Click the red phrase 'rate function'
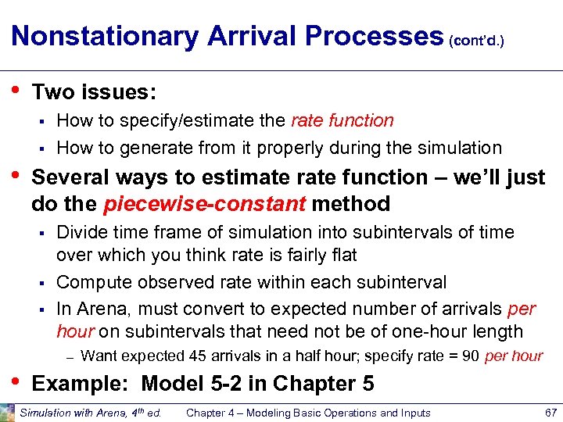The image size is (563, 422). (x=342, y=120)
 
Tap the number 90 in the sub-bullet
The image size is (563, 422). (x=473, y=356)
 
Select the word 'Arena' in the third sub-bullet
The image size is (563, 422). (x=102, y=309)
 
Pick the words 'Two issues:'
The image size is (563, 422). (x=95, y=93)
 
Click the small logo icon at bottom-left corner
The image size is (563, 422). (x=8, y=411)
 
